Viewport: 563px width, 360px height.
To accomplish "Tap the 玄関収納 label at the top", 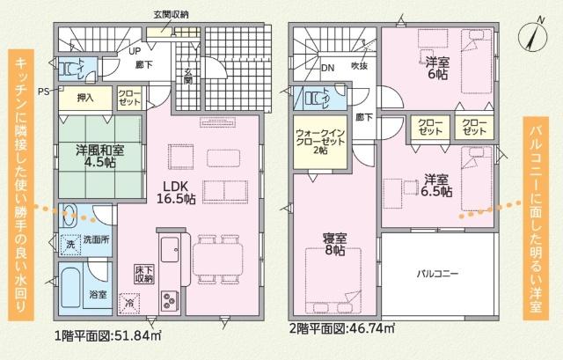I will point(170,15).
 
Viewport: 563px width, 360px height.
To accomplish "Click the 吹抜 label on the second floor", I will point(359,66).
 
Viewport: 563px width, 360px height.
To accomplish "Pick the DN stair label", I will point(326,67).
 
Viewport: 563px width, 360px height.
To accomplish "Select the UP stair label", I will point(135,51).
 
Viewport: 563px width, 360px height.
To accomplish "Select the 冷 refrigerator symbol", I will point(130,304).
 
